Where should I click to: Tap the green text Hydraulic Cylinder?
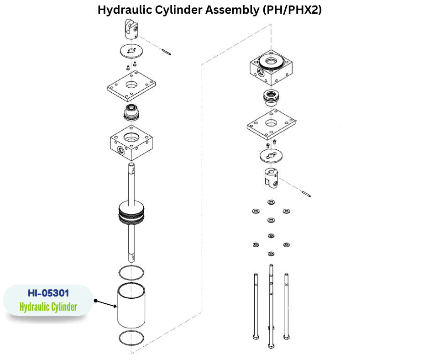[48, 307]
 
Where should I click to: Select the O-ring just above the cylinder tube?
[131, 273]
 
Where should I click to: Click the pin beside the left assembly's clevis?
[166, 51]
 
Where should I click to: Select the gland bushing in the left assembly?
[131, 111]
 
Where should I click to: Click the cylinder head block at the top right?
[272, 68]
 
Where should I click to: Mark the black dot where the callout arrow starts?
[96, 301]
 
